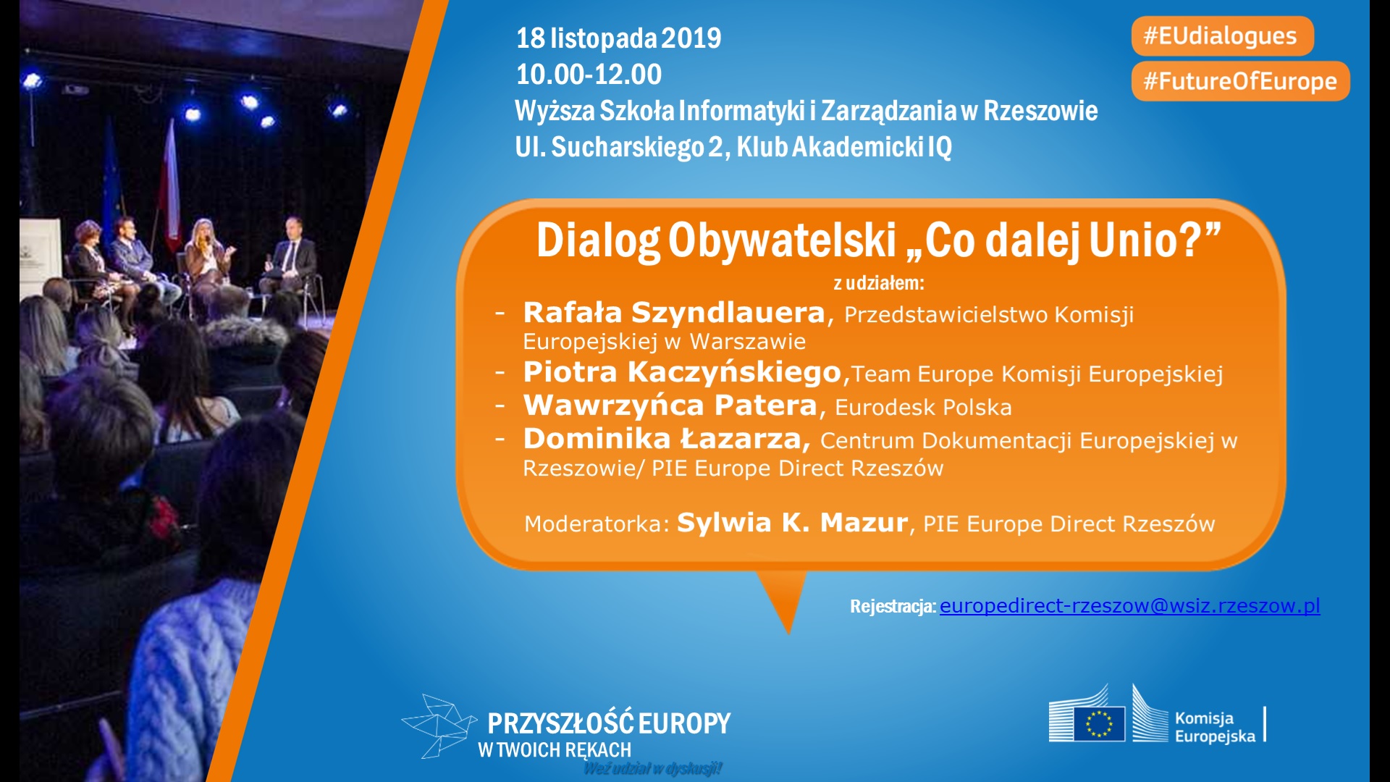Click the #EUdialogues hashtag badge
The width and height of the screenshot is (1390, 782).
(x=1222, y=36)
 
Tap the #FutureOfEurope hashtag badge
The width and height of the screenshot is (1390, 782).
(x=1240, y=81)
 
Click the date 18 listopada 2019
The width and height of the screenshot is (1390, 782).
(x=618, y=38)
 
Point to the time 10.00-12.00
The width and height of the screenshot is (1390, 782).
(x=589, y=74)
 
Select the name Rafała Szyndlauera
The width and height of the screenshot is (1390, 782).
(x=674, y=313)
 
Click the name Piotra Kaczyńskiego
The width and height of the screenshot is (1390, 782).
(x=682, y=372)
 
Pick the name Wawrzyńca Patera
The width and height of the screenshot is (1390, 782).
(x=670, y=405)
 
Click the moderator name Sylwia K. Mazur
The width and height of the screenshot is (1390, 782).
(x=792, y=522)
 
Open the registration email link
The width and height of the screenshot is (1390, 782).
(x=1129, y=605)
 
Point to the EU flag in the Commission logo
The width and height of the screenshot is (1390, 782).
(x=1099, y=723)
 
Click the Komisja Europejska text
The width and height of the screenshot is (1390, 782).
(x=1215, y=727)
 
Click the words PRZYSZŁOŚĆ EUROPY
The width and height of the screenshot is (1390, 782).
(x=609, y=723)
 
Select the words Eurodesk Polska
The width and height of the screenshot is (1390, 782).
(x=923, y=407)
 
